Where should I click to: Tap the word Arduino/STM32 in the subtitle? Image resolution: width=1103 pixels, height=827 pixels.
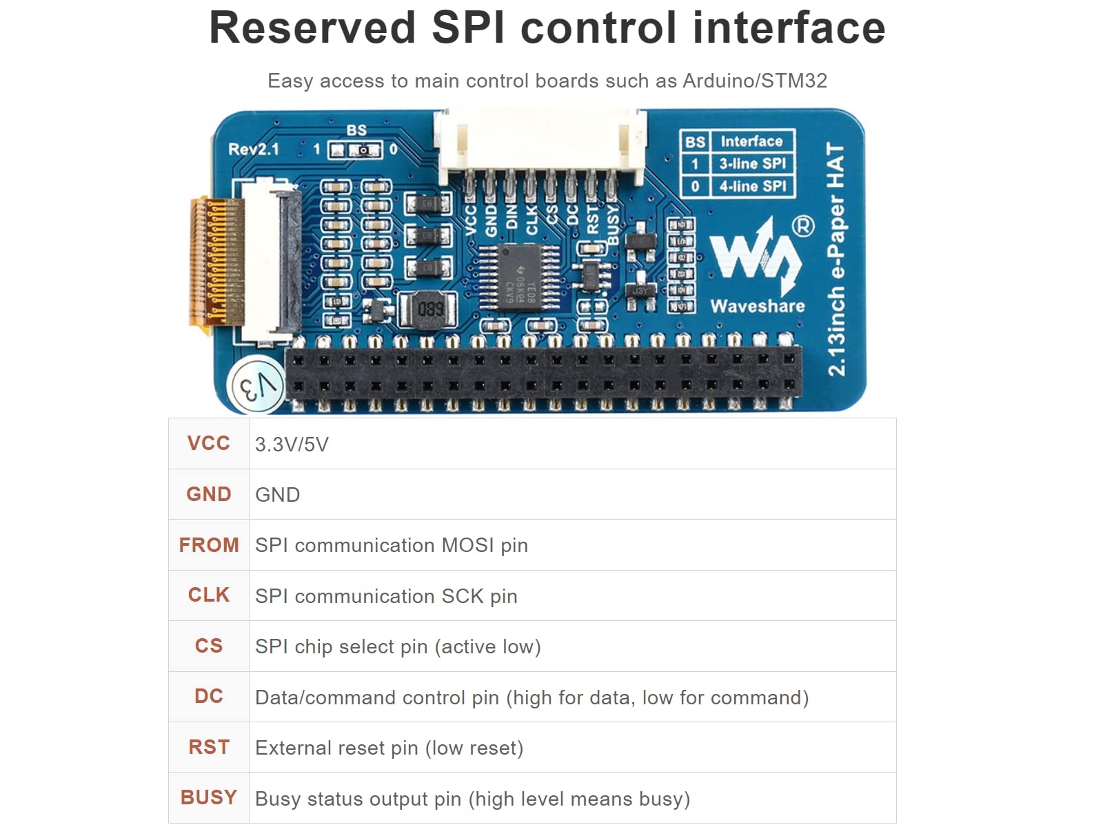(754, 81)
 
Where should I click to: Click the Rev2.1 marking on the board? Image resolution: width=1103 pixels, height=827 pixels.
(254, 149)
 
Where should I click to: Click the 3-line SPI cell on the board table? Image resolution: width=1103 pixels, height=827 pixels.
(752, 164)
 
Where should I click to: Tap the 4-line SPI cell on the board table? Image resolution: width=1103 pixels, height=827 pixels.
(752, 186)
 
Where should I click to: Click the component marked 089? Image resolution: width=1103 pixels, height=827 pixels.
(430, 309)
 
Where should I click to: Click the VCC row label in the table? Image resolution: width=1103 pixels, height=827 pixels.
(209, 443)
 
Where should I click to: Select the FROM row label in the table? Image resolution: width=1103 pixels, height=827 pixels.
(209, 545)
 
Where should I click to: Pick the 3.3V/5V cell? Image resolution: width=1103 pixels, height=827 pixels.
(292, 445)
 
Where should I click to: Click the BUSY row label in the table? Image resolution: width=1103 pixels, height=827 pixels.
(209, 798)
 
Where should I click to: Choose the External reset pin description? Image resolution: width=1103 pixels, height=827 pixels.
(389, 748)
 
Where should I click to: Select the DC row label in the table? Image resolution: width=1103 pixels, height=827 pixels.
(209, 697)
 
